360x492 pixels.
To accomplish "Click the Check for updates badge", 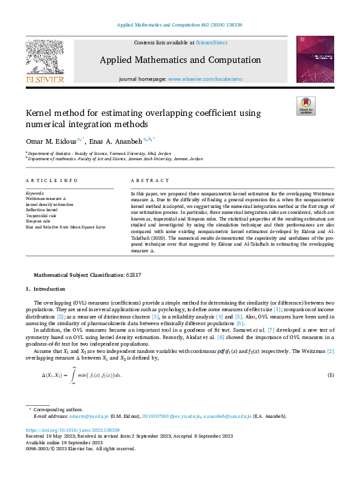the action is click(305, 106).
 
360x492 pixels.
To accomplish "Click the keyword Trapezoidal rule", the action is click(41, 215).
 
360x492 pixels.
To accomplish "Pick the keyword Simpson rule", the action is click(38, 221).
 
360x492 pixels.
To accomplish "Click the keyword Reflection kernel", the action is click(42, 209).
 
